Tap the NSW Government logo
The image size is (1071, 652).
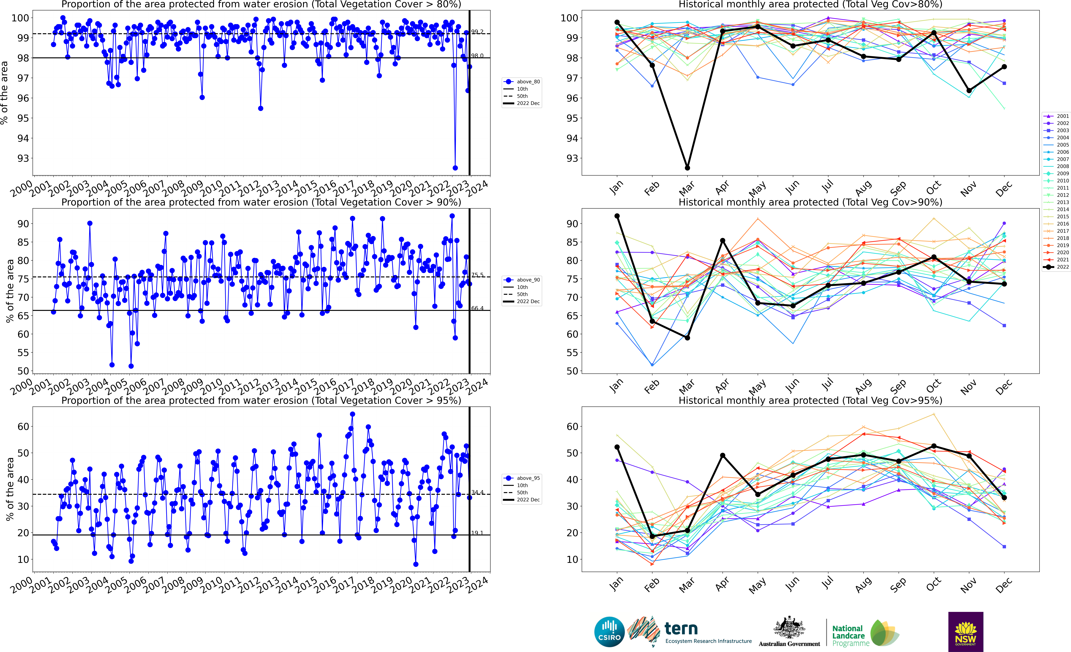(965, 632)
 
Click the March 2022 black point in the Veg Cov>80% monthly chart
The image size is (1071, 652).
(687, 168)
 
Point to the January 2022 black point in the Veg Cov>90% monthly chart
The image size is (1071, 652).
(617, 216)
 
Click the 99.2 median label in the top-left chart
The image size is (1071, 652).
(477, 32)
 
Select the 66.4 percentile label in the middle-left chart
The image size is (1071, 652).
(477, 308)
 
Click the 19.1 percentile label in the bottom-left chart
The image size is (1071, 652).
(477, 533)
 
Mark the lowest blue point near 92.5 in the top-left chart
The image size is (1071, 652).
(455, 168)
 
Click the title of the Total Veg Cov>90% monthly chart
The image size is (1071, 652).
(810, 202)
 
